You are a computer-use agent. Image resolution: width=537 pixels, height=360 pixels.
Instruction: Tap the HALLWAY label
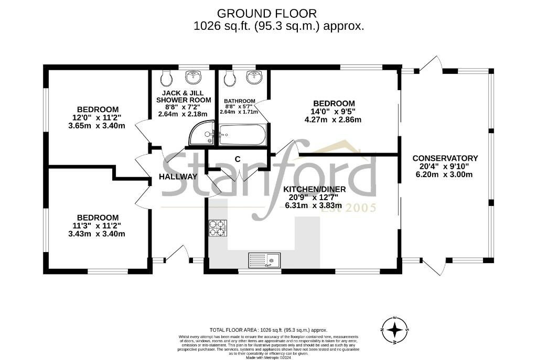tap(178, 177)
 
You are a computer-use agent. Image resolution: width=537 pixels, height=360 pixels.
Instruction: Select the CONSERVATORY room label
tap(445, 158)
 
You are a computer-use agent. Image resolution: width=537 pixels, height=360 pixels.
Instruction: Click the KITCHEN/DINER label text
tap(314, 189)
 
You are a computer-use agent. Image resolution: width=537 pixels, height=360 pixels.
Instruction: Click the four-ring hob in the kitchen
tap(218, 227)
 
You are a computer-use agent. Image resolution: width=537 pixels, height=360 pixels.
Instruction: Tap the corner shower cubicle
tap(201, 133)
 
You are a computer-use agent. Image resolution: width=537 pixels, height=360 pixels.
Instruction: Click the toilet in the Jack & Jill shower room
tap(166, 79)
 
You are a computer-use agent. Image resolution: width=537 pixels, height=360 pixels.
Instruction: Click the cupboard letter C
tap(237, 159)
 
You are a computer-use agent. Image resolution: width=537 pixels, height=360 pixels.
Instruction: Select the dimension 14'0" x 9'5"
tap(334, 112)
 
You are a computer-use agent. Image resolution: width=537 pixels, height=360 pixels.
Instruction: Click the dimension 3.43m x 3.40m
tap(97, 234)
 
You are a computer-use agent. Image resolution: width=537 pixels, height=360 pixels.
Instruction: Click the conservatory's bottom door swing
tap(435, 267)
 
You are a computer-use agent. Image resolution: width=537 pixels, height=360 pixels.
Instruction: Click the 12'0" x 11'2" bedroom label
tap(97, 117)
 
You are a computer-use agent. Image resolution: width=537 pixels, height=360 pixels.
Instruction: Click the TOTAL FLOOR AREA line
tap(268, 331)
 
